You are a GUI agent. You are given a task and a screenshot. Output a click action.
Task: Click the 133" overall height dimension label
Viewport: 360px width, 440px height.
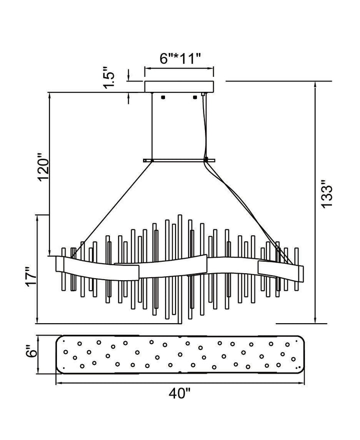327,193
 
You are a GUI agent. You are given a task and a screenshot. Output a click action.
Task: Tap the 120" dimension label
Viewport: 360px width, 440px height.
44,167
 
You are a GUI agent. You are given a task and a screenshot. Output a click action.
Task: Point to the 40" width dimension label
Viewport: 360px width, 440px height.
180,393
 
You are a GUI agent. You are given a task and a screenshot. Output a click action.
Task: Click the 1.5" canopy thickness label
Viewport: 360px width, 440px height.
109,77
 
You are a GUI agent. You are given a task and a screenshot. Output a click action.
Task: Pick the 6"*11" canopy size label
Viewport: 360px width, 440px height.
180,58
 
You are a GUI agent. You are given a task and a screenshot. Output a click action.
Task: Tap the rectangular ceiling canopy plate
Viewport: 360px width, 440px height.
179,87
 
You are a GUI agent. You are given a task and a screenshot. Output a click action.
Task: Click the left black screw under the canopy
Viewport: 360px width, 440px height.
162,97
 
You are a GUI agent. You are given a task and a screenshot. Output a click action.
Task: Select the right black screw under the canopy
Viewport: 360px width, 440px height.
195,97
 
